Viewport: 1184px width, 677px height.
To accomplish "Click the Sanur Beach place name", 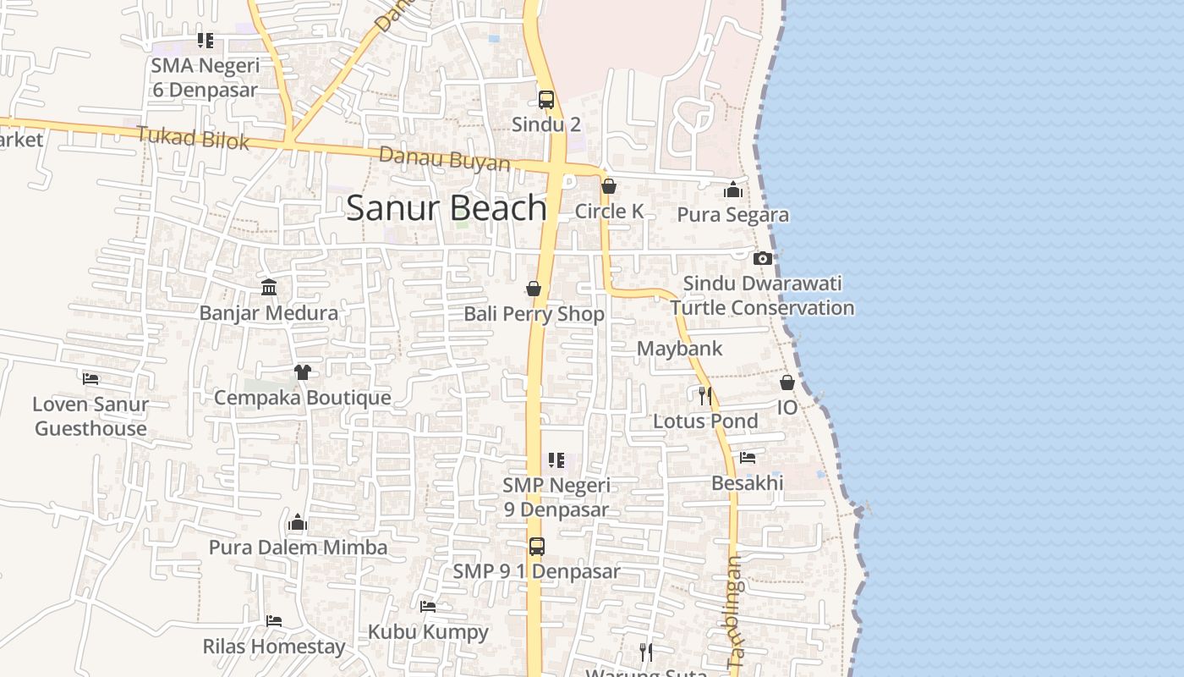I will click(x=447, y=208).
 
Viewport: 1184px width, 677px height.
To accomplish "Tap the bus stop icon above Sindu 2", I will click(x=546, y=99).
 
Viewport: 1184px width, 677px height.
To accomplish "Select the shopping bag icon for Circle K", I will click(x=609, y=186).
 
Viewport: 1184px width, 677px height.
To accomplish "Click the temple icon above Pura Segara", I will click(x=733, y=190).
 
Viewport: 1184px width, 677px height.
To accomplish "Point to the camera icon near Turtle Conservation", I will click(x=762, y=258).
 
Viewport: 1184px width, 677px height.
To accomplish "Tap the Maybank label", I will click(x=679, y=349).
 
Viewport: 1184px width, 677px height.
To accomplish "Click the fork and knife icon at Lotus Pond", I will click(x=705, y=395).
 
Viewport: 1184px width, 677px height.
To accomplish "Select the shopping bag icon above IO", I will click(x=787, y=383).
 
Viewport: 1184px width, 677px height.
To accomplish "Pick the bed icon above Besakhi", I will click(x=748, y=458).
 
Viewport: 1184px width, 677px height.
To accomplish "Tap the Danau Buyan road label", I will click(x=444, y=158).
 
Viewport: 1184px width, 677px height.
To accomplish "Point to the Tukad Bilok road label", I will click(x=193, y=138).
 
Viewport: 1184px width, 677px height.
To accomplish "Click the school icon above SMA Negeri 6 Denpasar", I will click(x=205, y=40).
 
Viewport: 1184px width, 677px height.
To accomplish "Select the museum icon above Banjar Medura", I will click(x=269, y=288).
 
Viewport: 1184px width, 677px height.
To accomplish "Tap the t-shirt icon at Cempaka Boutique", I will click(x=302, y=372).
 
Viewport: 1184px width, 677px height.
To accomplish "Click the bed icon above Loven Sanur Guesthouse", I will click(x=90, y=378).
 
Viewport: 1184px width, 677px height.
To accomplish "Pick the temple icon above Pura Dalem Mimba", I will click(x=297, y=522).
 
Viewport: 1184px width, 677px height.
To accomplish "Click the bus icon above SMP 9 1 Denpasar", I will click(x=537, y=547).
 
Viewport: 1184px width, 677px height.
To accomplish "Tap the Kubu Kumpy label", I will click(x=428, y=632).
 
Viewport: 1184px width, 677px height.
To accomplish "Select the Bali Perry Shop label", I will click(x=534, y=314).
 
